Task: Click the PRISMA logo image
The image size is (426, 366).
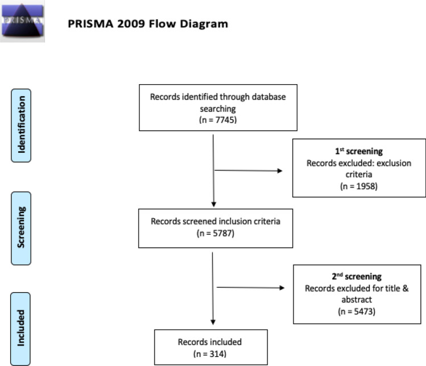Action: (22, 20)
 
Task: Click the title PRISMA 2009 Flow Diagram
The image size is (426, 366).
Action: (148, 24)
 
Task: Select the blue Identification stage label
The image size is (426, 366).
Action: (21, 126)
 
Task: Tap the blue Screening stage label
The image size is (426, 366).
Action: (21, 228)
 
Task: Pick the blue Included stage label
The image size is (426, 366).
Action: (20, 329)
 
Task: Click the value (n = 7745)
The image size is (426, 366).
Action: (218, 120)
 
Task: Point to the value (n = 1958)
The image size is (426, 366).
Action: (359, 186)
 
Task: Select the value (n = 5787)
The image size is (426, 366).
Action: (216, 233)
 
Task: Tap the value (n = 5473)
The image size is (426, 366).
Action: (357, 311)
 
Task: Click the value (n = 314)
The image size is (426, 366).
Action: (210, 354)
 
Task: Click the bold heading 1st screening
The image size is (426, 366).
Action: (359, 151)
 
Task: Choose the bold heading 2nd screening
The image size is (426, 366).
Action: (357, 276)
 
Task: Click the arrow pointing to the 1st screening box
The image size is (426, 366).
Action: (249, 170)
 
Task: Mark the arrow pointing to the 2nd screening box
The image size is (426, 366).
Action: (250, 287)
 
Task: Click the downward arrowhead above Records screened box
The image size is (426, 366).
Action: (213, 205)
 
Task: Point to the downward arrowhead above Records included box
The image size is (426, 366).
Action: (213, 322)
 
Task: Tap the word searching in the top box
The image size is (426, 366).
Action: (218, 109)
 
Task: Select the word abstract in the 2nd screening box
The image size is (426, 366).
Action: (357, 300)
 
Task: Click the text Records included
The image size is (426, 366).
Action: (210, 342)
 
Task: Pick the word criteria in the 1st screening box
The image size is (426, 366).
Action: (359, 174)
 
